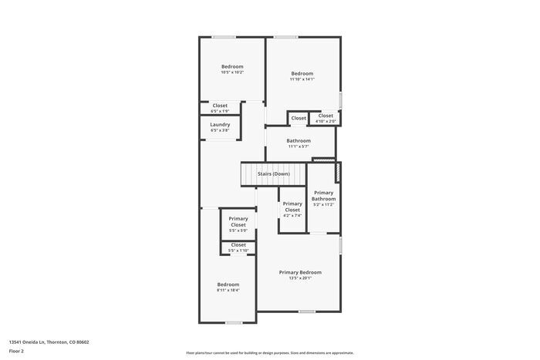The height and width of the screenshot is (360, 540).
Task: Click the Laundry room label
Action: point(220,124)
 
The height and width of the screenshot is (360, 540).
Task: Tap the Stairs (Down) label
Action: point(274,173)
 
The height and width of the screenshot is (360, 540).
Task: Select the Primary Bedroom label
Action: point(300,272)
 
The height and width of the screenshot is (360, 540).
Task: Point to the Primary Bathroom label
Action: point(323,196)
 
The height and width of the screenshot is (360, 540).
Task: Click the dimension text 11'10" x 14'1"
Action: point(302,79)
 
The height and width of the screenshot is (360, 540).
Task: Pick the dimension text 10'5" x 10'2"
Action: point(232,72)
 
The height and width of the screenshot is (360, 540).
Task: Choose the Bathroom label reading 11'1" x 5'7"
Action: point(299,146)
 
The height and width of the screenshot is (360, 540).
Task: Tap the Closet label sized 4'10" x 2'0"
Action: point(326,121)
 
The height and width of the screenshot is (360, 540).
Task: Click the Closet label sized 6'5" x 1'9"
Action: point(220,111)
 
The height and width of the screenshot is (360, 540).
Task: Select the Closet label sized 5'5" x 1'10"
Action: point(238,251)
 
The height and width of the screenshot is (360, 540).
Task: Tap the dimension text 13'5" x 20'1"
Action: point(300,278)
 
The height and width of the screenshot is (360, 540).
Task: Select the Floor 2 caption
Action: point(16,351)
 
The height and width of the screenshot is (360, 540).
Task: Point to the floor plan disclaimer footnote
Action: point(269,352)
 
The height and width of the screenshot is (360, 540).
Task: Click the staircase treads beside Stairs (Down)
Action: point(249,174)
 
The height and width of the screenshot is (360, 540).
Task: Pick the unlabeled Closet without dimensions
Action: point(298,118)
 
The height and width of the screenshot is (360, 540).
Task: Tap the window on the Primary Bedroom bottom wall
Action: point(307,311)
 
